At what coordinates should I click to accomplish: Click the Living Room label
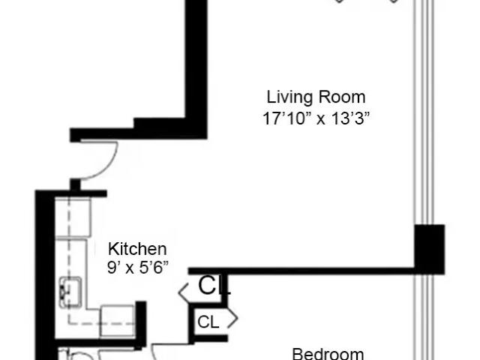click(x=316, y=97)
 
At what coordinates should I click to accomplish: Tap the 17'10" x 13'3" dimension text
click(x=316, y=118)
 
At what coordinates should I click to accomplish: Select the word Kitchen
click(x=137, y=249)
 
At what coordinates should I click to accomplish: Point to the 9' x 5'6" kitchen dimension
click(x=138, y=268)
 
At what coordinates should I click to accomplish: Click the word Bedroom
click(x=328, y=354)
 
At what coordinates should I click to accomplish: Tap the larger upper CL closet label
click(x=214, y=286)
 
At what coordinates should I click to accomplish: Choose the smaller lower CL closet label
click(x=208, y=322)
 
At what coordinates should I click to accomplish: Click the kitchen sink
click(x=70, y=292)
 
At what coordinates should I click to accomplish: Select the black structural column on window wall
click(x=430, y=249)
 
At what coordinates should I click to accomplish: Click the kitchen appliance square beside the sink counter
click(x=118, y=322)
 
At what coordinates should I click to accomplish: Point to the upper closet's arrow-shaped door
click(x=183, y=292)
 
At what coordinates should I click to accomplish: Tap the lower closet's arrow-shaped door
click(x=232, y=319)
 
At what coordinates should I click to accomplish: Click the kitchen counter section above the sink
click(x=73, y=217)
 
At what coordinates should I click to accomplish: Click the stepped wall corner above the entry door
click(x=135, y=128)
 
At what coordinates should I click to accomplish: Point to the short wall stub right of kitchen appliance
click(x=141, y=325)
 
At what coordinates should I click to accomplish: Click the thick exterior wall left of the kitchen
click(x=45, y=275)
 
